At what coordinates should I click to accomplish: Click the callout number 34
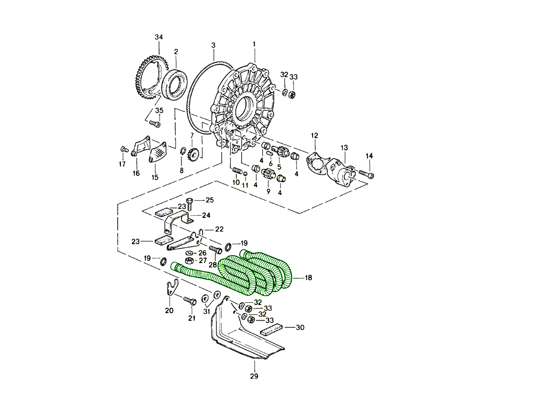click(x=159, y=37)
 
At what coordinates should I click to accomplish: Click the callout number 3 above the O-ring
click(x=213, y=46)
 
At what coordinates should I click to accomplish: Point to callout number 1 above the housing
click(x=254, y=45)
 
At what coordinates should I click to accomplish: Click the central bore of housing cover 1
click(x=245, y=107)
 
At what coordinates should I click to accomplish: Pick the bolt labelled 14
click(x=366, y=174)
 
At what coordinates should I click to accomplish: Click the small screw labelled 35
click(x=155, y=123)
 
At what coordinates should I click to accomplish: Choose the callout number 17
click(x=122, y=164)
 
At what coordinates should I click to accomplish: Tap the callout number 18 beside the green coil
click(x=309, y=278)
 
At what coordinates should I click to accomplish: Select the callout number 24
click(x=206, y=215)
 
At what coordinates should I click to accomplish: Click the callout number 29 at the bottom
click(x=254, y=376)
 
